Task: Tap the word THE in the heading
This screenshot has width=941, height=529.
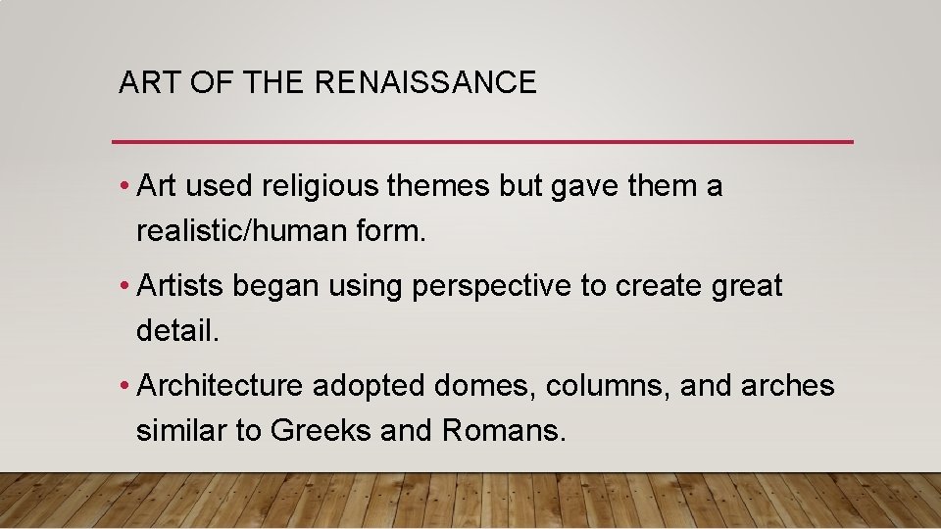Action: pos(274,83)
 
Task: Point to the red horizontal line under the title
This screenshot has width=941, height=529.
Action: pos(482,142)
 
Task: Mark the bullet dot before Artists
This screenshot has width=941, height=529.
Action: pos(124,287)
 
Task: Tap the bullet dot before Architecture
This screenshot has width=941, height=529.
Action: pos(124,386)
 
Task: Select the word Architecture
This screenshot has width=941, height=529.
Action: pos(221,386)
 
